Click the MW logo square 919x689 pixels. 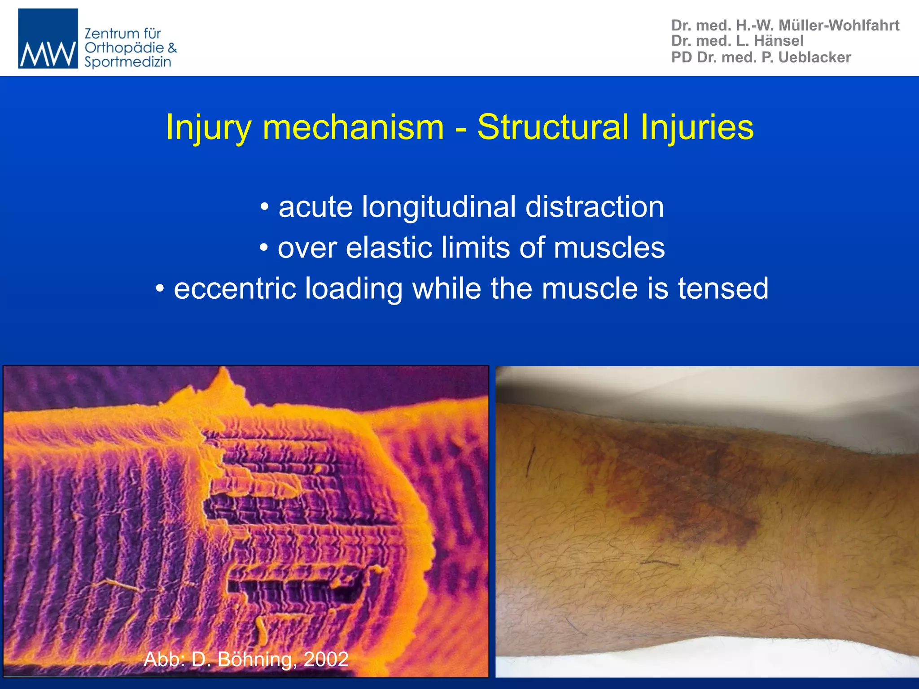point(48,39)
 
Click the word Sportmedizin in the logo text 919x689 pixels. point(128,62)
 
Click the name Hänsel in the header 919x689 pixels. point(779,41)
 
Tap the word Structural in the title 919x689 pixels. point(553,127)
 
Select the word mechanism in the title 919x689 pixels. point(353,127)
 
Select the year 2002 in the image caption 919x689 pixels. point(326,659)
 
